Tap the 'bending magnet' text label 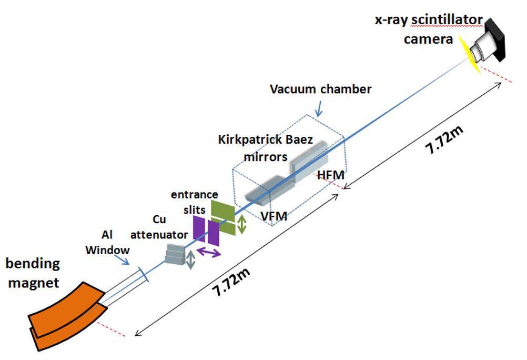pyautogui.click(x=33, y=273)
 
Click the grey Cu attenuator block pyautogui.click(x=175, y=254)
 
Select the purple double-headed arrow pyautogui.click(x=209, y=252)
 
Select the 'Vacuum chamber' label pyautogui.click(x=321, y=89)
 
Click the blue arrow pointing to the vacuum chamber pyautogui.click(x=319, y=110)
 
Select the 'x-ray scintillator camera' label pyautogui.click(x=428, y=29)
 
